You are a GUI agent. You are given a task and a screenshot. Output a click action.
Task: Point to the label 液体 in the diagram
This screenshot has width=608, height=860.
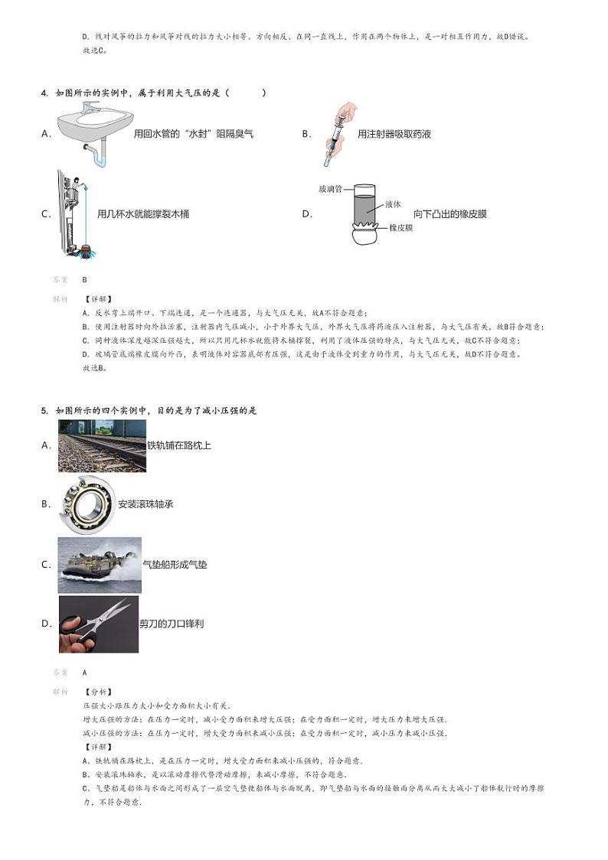pos(394,204)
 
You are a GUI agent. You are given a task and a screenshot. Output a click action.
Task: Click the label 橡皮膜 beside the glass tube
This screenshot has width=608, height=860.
pos(400,228)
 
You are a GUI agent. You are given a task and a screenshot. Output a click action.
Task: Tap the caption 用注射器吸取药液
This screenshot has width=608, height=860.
pos(394,134)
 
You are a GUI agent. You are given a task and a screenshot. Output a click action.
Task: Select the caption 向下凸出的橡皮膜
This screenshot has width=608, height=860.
pos(450,213)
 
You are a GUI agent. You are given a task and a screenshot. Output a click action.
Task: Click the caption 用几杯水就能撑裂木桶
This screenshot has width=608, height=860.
pos(143,214)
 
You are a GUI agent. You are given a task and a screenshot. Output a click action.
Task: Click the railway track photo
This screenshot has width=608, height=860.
pos(102,445)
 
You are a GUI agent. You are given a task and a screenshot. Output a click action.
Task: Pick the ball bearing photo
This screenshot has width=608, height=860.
pos(87,504)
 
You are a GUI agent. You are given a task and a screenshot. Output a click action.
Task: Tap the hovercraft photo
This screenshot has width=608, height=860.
pos(100,565)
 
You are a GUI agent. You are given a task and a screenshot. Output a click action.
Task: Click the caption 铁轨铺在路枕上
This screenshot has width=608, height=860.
pos(179,445)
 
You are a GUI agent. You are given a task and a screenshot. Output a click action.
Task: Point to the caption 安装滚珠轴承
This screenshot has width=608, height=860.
pos(145,504)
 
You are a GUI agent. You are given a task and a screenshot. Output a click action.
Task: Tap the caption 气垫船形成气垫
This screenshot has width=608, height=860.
pos(175,565)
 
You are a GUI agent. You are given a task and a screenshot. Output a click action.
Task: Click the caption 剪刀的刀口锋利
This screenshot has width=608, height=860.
pos(172,624)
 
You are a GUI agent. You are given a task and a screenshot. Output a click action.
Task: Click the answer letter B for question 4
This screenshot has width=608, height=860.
pos(85,280)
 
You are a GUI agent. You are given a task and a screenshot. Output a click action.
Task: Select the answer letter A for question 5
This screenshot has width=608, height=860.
pos(85,673)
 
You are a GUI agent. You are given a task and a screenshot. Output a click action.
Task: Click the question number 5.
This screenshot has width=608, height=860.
pos(44,411)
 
